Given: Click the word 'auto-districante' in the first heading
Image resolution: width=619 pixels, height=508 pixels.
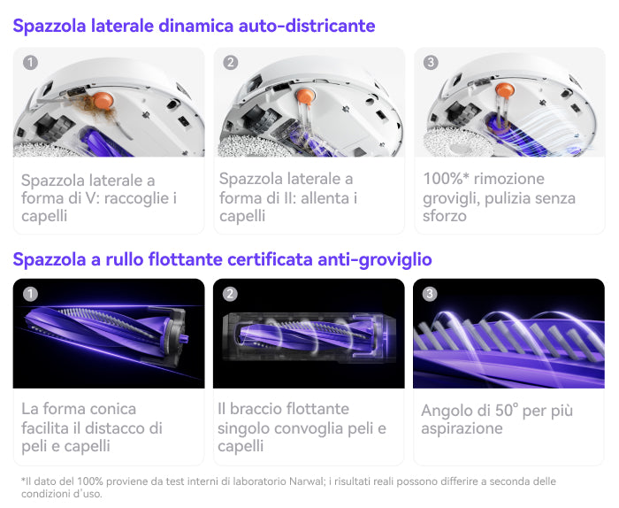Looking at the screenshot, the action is (307, 26).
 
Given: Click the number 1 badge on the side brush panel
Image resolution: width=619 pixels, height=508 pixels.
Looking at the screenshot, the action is (30, 63).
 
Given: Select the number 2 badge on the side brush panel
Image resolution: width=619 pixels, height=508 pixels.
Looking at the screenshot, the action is (231, 63).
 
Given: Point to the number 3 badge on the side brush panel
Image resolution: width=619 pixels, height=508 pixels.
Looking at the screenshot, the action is (431, 63).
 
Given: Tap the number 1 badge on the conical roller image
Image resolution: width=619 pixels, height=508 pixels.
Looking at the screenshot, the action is (30, 294).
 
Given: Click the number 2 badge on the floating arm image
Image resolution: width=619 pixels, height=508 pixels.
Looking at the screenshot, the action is (230, 294).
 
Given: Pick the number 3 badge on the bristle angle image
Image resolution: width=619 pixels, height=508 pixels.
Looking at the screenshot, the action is (430, 294).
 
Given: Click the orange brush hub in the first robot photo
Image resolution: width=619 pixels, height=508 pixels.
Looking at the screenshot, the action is (103, 100).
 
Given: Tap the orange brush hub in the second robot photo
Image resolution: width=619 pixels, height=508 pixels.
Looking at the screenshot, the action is (305, 96).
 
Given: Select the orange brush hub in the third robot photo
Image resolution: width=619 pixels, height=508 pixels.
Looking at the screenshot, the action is (505, 90).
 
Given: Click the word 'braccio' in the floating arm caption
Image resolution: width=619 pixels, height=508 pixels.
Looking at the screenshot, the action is (256, 409).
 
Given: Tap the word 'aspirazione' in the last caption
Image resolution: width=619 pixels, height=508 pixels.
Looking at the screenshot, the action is (462, 428).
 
